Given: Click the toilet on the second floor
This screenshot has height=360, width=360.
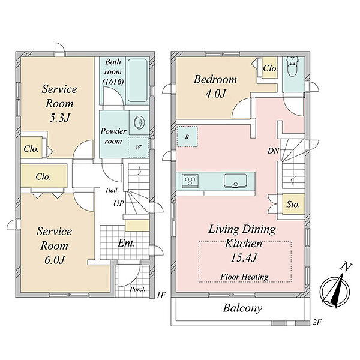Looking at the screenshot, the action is coord(292,66).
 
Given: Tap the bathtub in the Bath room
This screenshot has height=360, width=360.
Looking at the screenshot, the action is coord(137,80).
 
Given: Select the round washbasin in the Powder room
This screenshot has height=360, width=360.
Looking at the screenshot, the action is coord(139,122).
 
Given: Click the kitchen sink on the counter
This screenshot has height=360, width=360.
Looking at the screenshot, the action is coord(235,181).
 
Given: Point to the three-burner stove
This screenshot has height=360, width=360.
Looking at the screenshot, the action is coord(190,181).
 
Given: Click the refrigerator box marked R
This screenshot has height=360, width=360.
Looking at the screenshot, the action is coord(187,137).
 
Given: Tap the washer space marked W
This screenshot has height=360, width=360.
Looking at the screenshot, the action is coord(138,148).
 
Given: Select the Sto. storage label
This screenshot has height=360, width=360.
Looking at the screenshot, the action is coord(293,204).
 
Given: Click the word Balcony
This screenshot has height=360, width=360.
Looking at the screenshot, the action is coord(242,308).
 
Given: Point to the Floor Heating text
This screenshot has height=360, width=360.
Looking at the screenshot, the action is coord(244,277).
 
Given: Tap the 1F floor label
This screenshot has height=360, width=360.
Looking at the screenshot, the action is coord(161,295).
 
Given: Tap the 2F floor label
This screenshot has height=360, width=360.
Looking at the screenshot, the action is coord(317,323).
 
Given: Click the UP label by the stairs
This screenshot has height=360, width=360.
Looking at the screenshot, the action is coord(118,203).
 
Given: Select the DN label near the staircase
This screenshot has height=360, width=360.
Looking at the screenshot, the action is coord(273,151).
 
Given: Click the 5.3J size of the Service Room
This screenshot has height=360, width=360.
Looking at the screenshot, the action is coord(59,118).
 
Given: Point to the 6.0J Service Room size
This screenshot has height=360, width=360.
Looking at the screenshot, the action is coord(55,260).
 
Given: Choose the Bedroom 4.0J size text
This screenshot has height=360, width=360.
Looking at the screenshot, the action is coord(215,94).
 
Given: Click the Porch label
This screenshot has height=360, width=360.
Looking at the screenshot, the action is coord(137,289).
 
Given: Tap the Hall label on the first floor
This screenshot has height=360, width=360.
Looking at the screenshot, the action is coord(112,190).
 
